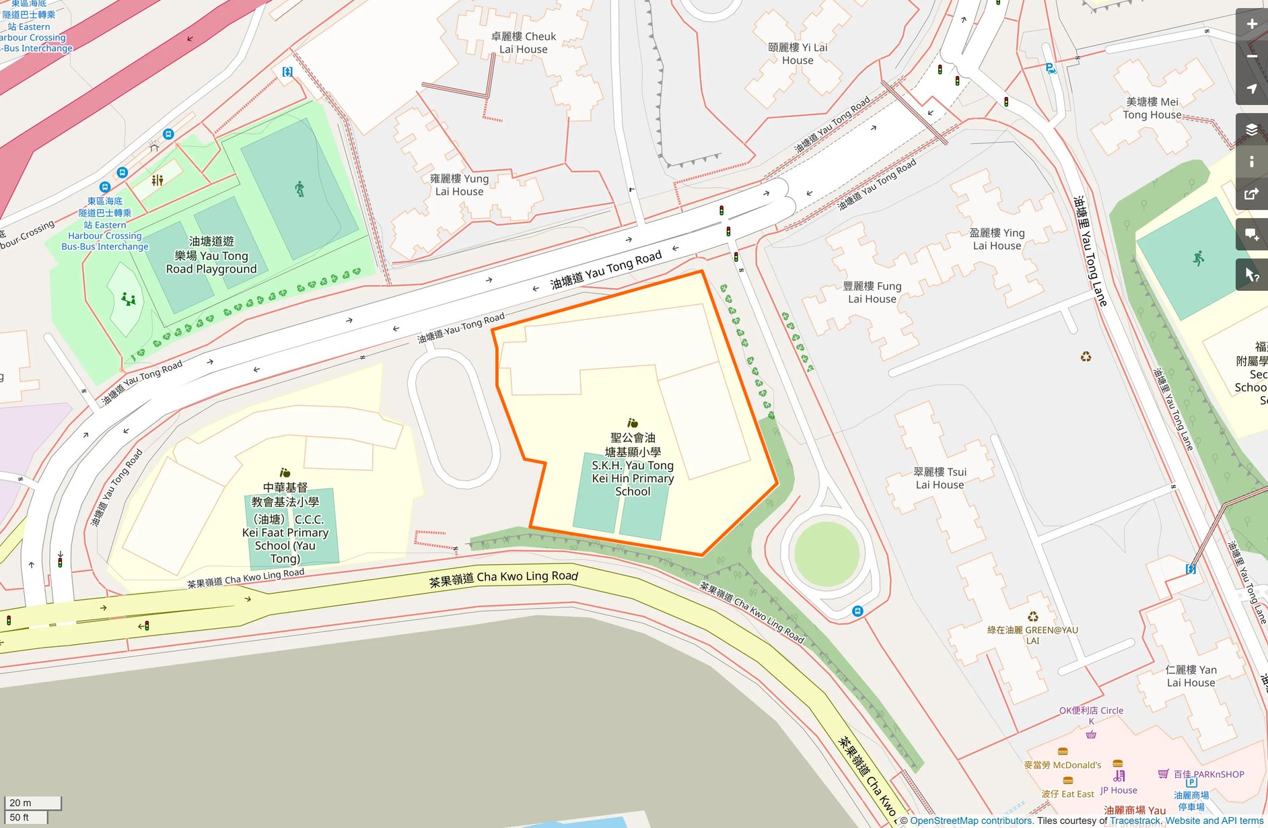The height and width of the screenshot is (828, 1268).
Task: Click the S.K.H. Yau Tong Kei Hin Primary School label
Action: [x=632, y=464]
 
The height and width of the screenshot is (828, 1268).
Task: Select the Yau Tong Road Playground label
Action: [x=211, y=255]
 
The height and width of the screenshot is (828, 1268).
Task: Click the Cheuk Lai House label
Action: [x=524, y=42]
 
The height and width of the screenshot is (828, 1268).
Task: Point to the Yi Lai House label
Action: [x=798, y=54]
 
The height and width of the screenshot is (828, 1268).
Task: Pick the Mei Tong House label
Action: [x=1152, y=108]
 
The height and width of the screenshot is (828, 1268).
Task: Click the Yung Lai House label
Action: [x=459, y=185]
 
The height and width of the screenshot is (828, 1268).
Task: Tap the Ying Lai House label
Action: [x=997, y=239]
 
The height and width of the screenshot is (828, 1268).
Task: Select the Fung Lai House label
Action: [x=872, y=292]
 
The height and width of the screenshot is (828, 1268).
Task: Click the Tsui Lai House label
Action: [x=940, y=478]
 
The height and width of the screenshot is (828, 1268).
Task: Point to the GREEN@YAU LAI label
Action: [x=1032, y=634]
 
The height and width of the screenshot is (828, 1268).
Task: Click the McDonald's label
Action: [x=1063, y=765]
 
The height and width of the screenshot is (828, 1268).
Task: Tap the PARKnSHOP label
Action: [x=1209, y=774]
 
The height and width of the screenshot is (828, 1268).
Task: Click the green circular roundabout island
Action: [x=826, y=554]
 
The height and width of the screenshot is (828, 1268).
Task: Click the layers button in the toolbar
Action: [x=1251, y=129]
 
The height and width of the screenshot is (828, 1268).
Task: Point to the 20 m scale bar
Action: [x=32, y=802]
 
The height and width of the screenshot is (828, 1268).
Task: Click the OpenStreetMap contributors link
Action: [x=971, y=821]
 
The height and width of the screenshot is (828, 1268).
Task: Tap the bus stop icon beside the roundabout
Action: [x=857, y=611]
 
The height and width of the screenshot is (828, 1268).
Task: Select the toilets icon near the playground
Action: [x=157, y=180]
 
